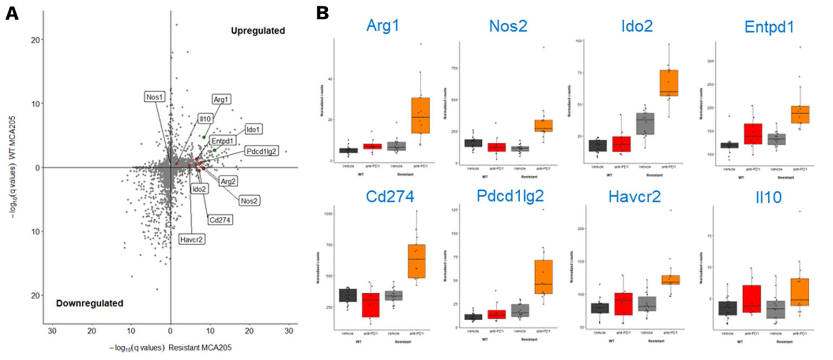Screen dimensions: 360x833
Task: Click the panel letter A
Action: pyautogui.click(x=12, y=14)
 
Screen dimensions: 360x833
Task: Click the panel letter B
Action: pyautogui.click(x=323, y=14)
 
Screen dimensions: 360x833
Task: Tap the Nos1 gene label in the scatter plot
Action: pyautogui.click(x=154, y=97)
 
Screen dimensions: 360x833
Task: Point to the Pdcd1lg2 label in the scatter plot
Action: pyautogui.click(x=261, y=151)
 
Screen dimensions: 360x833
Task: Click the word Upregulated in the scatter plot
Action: pyautogui.click(x=258, y=31)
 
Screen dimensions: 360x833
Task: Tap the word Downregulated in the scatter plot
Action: pyautogui.click(x=89, y=303)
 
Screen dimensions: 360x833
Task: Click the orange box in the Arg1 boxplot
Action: pyautogui.click(x=420, y=115)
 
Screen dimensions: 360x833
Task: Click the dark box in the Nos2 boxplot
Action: pyautogui.click(x=473, y=143)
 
